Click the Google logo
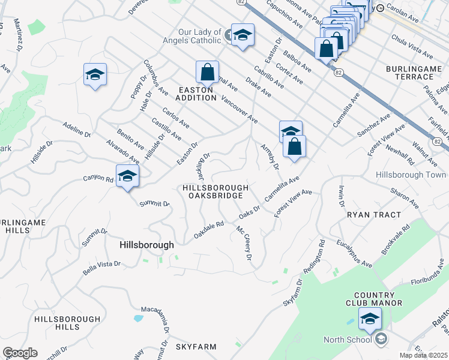pos(20,353)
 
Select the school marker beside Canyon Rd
pos(127,176)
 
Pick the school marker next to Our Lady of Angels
pos(243,35)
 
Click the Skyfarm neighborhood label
pos(195,347)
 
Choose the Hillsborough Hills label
pos(57,323)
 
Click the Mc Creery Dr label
pos(243,242)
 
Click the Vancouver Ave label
pos(240,109)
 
